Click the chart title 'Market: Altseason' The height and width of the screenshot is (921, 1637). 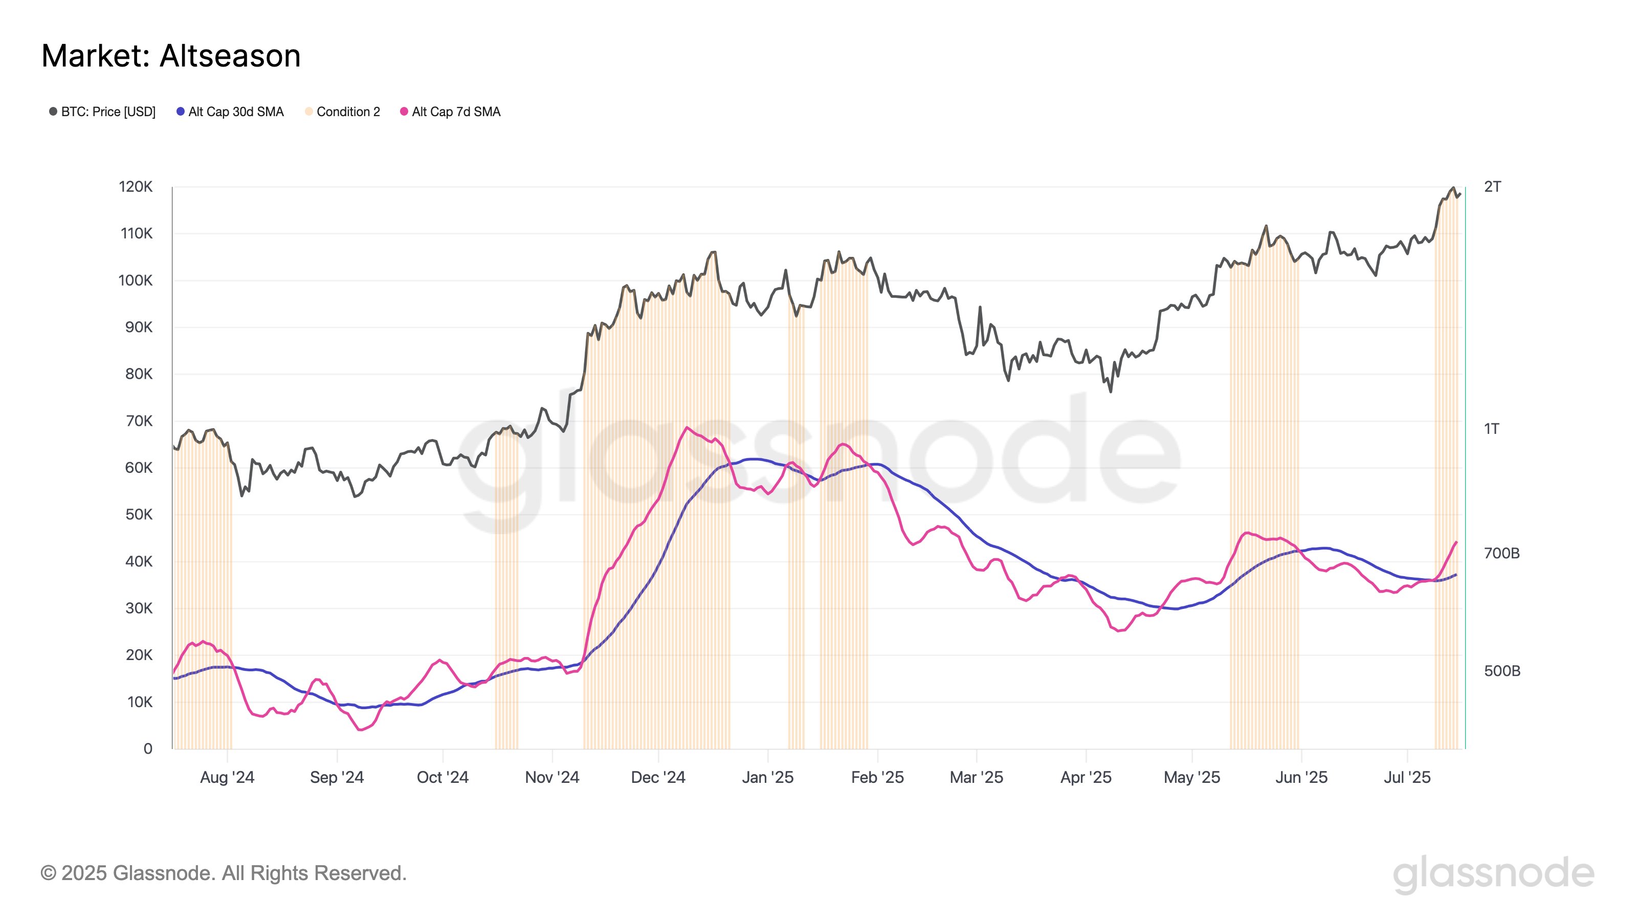tap(171, 56)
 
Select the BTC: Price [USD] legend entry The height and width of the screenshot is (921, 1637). tap(102, 112)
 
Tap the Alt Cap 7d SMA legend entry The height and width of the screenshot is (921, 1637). tap(451, 112)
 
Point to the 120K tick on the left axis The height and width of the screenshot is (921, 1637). tap(136, 187)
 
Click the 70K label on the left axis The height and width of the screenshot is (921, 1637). tap(139, 421)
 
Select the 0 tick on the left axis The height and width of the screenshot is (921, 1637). tap(147, 749)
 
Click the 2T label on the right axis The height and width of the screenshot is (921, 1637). tap(1492, 187)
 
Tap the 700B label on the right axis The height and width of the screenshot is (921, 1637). tap(1501, 553)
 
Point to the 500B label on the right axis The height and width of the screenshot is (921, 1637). tap(1501, 671)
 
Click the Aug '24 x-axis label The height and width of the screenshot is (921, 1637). tap(227, 777)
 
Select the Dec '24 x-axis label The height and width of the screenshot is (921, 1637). tap(658, 777)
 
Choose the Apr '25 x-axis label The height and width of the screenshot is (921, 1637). tap(1086, 777)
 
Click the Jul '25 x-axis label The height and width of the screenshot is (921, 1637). tap(1407, 777)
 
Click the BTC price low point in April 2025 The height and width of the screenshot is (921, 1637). tap(1110, 391)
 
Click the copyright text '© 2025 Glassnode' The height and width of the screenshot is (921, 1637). tap(223, 873)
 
